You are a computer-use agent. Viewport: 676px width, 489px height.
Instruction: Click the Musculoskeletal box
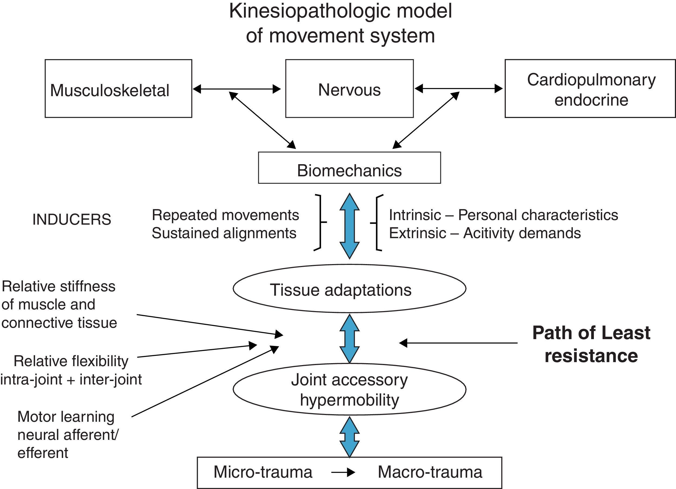pyautogui.click(x=118, y=89)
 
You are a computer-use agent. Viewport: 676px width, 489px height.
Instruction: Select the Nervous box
pyautogui.click(x=349, y=89)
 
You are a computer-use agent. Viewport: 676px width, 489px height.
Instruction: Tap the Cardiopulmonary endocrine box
pyautogui.click(x=590, y=89)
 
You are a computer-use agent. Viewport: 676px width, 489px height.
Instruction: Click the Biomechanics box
pyautogui.click(x=349, y=168)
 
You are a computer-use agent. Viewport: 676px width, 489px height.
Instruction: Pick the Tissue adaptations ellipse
pyautogui.click(x=349, y=288)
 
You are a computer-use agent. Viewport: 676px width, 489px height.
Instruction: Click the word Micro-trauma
pyautogui.click(x=263, y=472)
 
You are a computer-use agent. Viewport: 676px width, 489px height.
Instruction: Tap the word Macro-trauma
pyautogui.click(x=430, y=472)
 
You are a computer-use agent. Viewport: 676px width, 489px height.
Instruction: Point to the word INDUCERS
pyautogui.click(x=72, y=220)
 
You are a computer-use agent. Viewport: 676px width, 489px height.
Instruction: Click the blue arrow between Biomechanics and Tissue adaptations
pyautogui.click(x=349, y=226)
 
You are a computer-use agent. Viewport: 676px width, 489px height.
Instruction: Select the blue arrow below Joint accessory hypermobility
pyautogui.click(x=349, y=437)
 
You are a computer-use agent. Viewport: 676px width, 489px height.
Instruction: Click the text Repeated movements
pyautogui.click(x=225, y=215)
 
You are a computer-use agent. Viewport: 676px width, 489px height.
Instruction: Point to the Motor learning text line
pyautogui.click(x=66, y=417)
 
